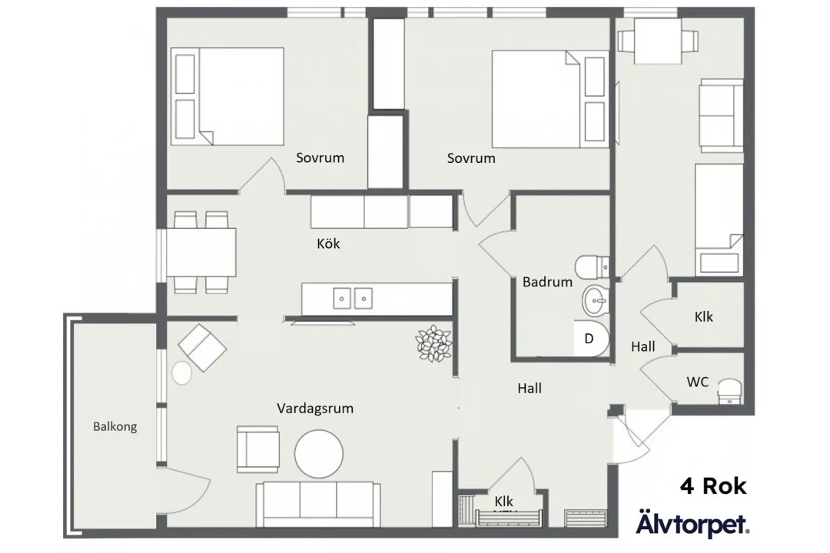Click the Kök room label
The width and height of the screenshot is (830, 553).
coord(328,244)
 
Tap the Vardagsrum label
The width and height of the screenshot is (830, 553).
coord(315,409)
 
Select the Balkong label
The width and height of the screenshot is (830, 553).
coord(115,426)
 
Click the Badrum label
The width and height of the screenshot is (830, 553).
coord(547,282)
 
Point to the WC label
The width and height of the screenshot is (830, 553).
coord(698,382)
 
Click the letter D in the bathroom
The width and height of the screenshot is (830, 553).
coord(589,337)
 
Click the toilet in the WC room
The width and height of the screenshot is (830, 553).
coord(729,391)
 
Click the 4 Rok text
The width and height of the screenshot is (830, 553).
coord(712,485)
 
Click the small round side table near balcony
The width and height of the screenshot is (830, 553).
coord(182,373)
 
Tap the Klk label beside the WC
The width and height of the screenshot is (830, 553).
coord(703,316)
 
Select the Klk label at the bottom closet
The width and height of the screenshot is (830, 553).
coord(504,502)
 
